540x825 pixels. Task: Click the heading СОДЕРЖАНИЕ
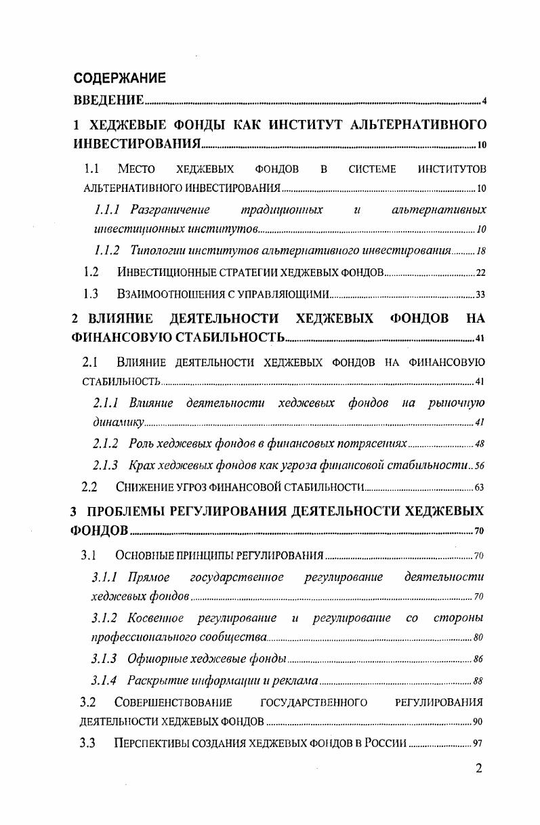[x=119, y=78]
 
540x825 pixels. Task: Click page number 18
[x=481, y=251]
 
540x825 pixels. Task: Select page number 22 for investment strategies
[x=480, y=273]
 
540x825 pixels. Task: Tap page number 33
[x=480, y=295]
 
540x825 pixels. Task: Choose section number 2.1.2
[x=105, y=443]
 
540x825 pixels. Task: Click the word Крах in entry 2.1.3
[x=141, y=465]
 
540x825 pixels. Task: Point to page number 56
[x=480, y=466]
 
